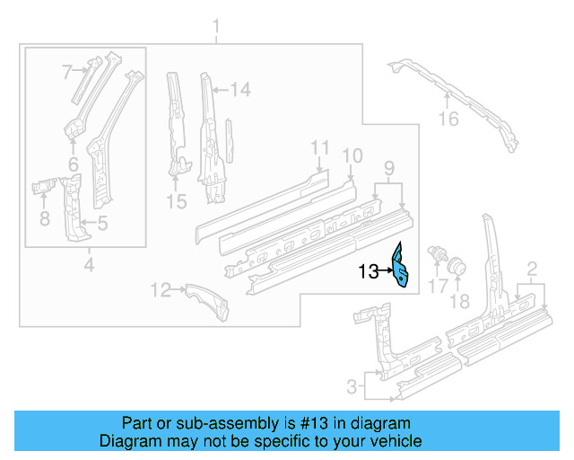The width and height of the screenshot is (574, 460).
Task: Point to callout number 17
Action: tap(437, 287)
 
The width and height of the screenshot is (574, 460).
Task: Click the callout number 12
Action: tap(161, 289)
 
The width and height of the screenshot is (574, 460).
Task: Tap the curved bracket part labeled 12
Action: tap(206, 301)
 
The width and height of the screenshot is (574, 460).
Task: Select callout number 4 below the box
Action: tap(88, 264)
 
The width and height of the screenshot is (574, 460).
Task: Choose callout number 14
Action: tap(239, 89)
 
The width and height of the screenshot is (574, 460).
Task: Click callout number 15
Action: tap(178, 203)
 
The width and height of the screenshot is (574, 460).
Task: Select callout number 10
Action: tap(352, 155)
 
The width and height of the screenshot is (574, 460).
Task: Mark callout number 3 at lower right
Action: tap(351, 387)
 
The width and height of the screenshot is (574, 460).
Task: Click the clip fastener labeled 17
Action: tap(439, 252)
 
